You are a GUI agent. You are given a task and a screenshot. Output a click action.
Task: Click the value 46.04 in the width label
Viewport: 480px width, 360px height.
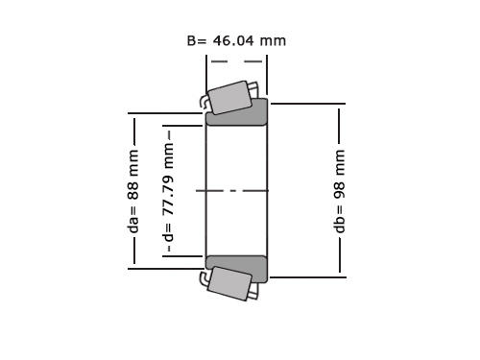pyautogui.click(x=233, y=40)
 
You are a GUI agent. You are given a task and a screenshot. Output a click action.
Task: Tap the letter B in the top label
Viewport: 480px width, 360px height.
pyautogui.click(x=191, y=40)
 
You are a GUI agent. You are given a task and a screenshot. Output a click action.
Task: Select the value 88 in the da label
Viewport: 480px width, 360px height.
pyautogui.click(x=132, y=191)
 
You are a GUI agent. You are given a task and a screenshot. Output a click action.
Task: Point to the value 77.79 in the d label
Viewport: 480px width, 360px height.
pyautogui.click(x=168, y=195)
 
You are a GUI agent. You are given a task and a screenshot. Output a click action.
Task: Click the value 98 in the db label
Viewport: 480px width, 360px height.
pyautogui.click(x=339, y=191)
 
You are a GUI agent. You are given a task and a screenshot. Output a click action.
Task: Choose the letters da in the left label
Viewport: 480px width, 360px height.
pyautogui.click(x=132, y=225)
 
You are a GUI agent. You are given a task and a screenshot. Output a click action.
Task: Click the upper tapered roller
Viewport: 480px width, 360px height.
pyautogui.click(x=229, y=97)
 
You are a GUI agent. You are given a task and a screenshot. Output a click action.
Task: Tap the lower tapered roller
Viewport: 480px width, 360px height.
pyautogui.click(x=229, y=283)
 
